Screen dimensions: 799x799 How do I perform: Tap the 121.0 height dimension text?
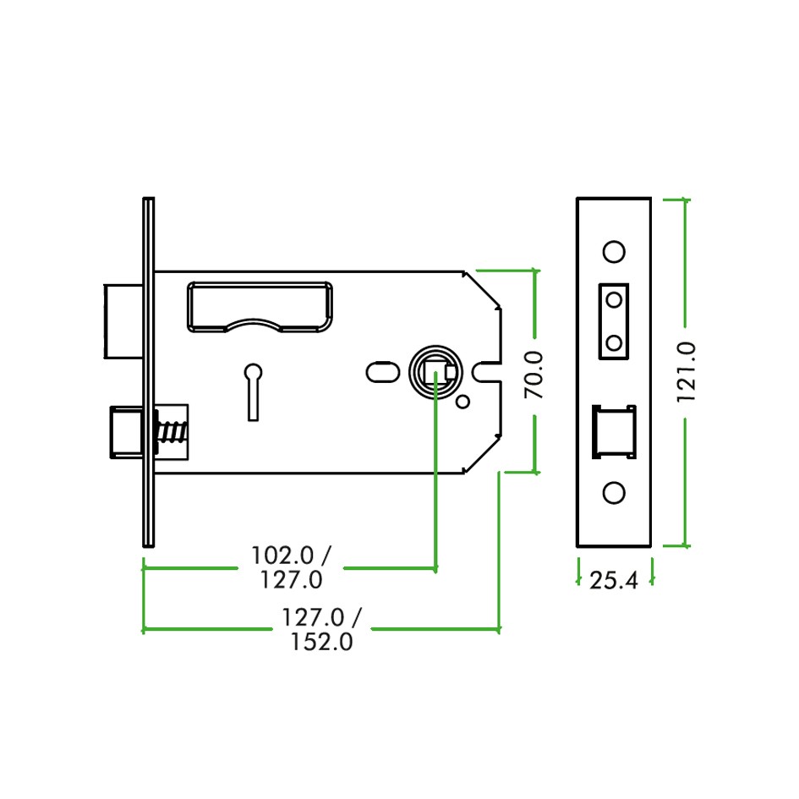coord(686,372)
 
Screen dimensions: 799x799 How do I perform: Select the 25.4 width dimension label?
coord(613,581)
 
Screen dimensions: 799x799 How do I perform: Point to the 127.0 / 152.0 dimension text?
coord(321,630)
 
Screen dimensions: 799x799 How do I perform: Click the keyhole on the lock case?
coord(253,389)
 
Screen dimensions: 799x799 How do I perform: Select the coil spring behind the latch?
coord(171,431)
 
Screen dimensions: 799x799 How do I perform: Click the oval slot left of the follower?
coord(382,372)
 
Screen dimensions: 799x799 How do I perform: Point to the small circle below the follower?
coord(462,402)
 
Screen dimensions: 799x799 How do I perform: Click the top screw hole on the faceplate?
coord(614,251)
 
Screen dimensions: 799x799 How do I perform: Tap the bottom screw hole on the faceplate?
coord(614,493)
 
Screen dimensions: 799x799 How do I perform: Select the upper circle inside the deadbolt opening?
coord(615,299)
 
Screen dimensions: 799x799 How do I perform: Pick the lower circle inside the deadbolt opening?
coord(615,343)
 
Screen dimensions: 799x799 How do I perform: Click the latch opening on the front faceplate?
coord(614,431)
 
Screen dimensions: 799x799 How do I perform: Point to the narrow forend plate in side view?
coord(148,372)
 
